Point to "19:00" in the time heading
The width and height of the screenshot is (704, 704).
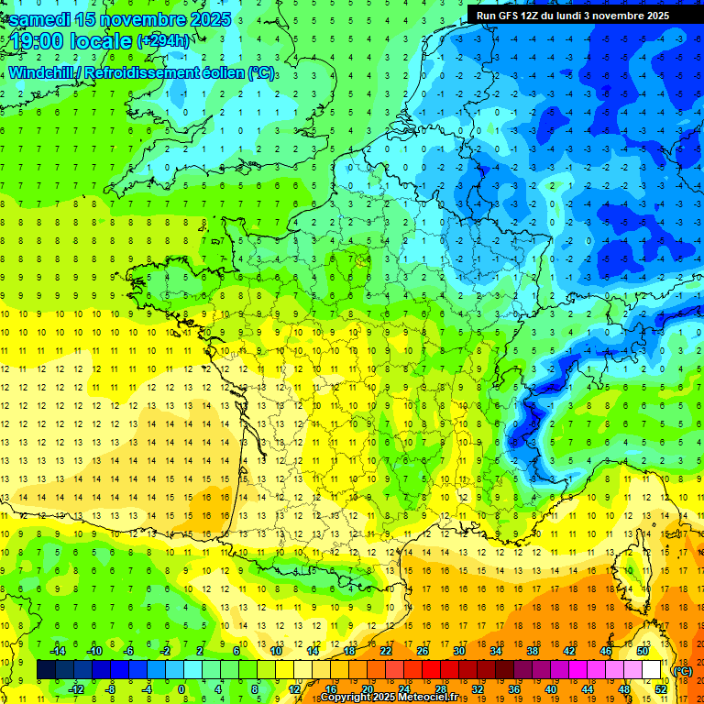[42, 42]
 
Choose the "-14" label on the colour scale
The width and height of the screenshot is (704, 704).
[57, 651]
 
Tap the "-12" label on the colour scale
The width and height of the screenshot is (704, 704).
[75, 688]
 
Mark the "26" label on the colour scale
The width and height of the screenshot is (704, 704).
[423, 651]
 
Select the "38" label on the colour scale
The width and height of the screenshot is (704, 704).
[532, 651]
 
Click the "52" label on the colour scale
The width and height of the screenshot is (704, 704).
[661, 688]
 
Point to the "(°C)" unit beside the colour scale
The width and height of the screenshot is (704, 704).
[682, 670]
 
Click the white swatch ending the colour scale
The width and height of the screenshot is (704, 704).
[652, 670]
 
